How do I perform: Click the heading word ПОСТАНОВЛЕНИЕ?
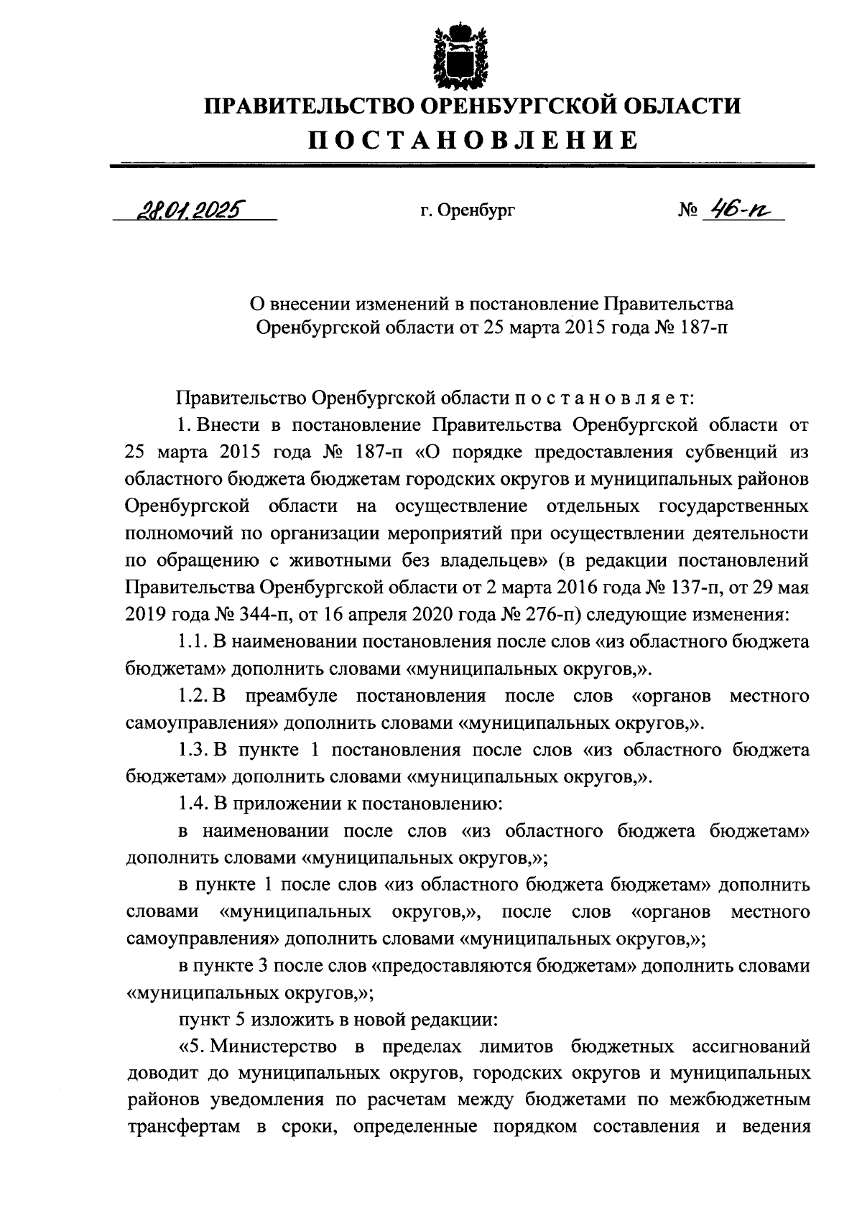473,139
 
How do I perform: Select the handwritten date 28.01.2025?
188,209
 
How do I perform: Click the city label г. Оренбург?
468,211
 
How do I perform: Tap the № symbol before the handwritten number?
688,211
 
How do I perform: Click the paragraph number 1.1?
191,642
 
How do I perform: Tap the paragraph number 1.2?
191,696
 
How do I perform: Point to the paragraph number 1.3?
191,750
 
